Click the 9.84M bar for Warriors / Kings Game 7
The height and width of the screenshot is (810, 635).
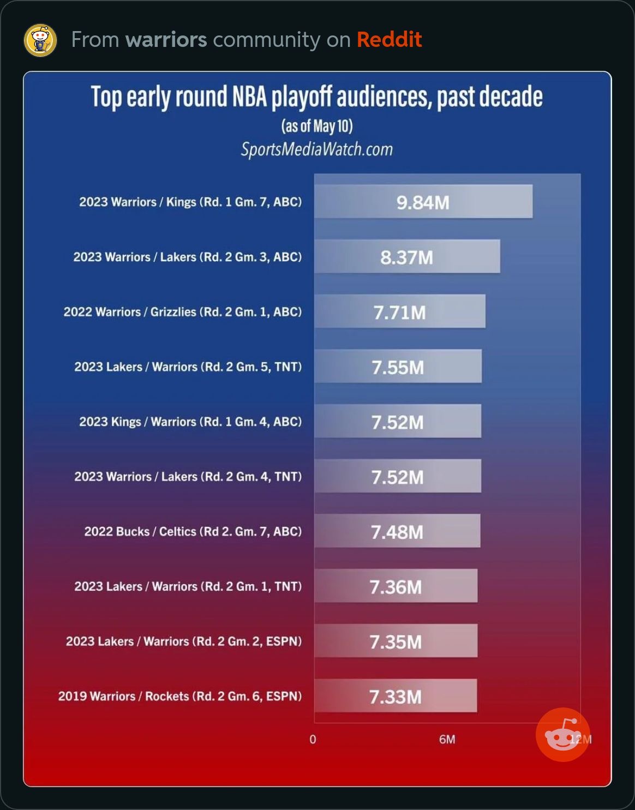(x=423, y=202)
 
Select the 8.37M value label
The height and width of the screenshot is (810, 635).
(x=406, y=257)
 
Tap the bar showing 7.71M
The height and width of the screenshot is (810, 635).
(x=399, y=312)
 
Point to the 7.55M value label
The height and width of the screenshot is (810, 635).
(x=398, y=368)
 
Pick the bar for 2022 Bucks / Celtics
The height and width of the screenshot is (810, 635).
(x=397, y=531)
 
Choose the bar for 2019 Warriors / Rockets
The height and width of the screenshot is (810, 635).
(x=396, y=696)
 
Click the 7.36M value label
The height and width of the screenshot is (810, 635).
(x=396, y=587)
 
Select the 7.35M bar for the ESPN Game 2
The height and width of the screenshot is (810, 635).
(x=396, y=641)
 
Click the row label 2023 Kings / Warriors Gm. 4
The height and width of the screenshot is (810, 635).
(x=190, y=422)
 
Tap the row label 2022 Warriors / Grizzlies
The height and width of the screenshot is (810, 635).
(x=182, y=312)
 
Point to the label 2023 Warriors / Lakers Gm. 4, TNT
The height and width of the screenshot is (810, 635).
(x=188, y=477)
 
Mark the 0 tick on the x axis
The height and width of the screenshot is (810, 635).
(x=313, y=740)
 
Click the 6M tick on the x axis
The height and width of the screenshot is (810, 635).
(x=447, y=740)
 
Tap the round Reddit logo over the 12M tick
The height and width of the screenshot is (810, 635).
(x=562, y=735)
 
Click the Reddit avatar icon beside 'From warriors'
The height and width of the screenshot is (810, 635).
(x=40, y=40)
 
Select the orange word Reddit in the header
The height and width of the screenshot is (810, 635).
(x=389, y=40)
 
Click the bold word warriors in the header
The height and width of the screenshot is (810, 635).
(x=166, y=40)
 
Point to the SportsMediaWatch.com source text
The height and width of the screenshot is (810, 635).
(x=317, y=149)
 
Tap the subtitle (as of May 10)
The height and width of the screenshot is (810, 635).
(x=317, y=126)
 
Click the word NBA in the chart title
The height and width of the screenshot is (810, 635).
(x=250, y=97)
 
